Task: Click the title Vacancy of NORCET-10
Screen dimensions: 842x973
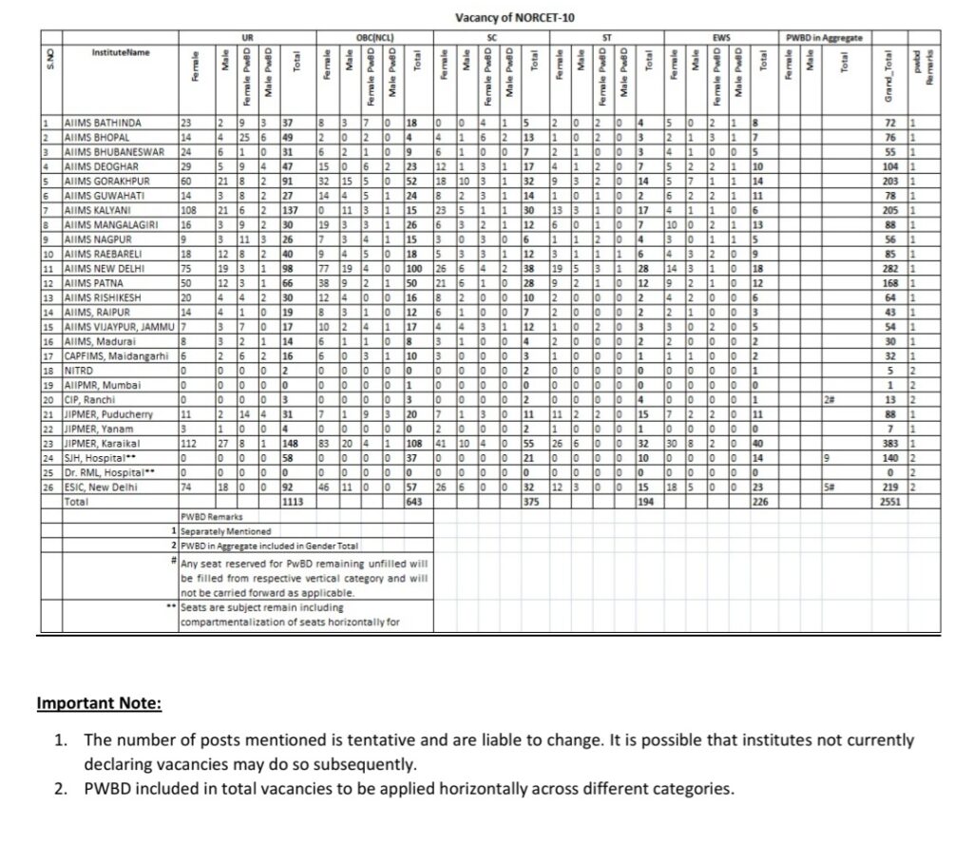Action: [x=514, y=18]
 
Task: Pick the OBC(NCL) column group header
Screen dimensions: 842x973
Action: [x=374, y=37]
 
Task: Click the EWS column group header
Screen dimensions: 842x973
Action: [x=719, y=37]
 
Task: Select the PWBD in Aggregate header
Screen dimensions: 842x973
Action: [x=824, y=37]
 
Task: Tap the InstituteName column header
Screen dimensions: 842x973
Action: [x=120, y=51]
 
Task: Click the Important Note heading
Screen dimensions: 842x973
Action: [x=99, y=704]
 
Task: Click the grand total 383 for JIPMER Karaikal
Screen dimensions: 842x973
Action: [x=890, y=443]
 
